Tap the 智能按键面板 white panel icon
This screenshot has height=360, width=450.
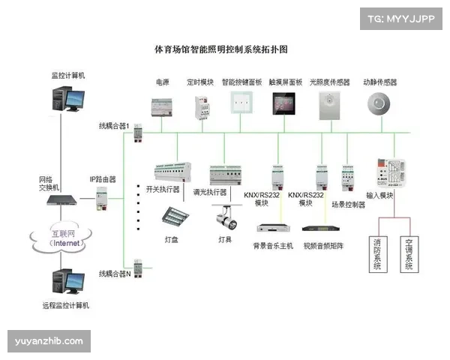pyautogui.click(x=241, y=103)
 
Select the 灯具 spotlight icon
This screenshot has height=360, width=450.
pyautogui.click(x=224, y=218)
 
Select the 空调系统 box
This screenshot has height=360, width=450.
pyautogui.click(x=409, y=255)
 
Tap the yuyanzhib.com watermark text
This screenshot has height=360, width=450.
pyautogui.click(x=49, y=341)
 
